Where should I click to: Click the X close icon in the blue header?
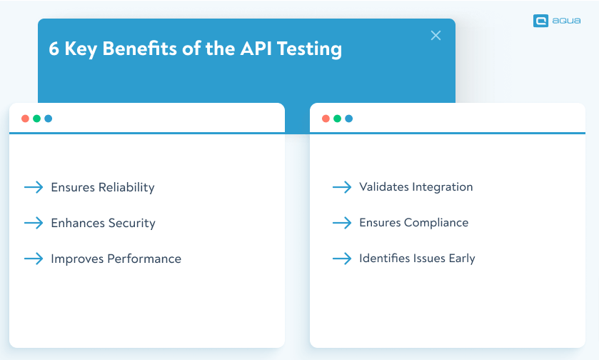tap(436, 36)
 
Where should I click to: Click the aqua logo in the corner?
tap(556, 21)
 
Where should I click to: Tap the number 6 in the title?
tap(54, 49)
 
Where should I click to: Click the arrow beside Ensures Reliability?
tap(34, 187)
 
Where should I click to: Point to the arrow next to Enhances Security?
tap(34, 223)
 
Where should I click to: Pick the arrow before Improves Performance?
tap(34, 259)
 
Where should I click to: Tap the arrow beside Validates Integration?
tap(342, 187)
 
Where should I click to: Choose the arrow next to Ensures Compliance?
tap(342, 223)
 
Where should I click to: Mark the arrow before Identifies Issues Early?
tap(342, 259)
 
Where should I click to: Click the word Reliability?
tap(126, 188)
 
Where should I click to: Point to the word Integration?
tap(445, 187)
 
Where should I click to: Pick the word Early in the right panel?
tap(462, 259)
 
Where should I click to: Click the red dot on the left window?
tap(25, 119)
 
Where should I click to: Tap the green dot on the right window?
tap(337, 119)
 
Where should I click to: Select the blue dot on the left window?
tap(49, 119)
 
